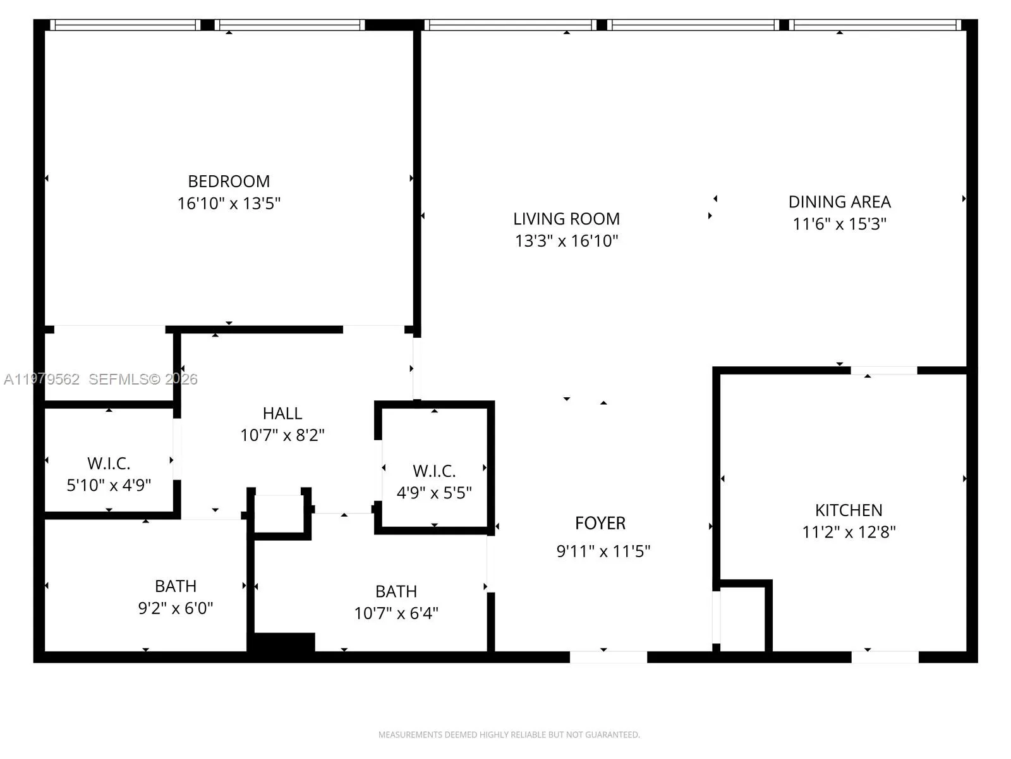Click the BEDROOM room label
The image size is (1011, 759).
[229, 182]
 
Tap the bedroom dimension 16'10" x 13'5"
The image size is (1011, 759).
[229, 203]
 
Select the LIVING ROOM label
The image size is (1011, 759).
[566, 219]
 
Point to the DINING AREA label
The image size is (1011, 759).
[839, 202]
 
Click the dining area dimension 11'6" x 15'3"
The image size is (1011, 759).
[839, 224]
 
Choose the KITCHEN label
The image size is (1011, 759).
[849, 510]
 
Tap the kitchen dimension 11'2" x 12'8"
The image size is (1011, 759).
[849, 533]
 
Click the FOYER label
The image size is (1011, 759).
[600, 523]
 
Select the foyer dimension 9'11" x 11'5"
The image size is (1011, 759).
[603, 551]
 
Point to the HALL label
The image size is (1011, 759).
[282, 414]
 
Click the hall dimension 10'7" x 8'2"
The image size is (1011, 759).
[282, 435]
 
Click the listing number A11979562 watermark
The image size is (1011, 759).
[42, 379]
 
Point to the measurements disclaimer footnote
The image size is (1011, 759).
[509, 734]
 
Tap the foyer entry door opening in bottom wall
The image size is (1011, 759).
[608, 657]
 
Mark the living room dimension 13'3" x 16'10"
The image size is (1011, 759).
[566, 241]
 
